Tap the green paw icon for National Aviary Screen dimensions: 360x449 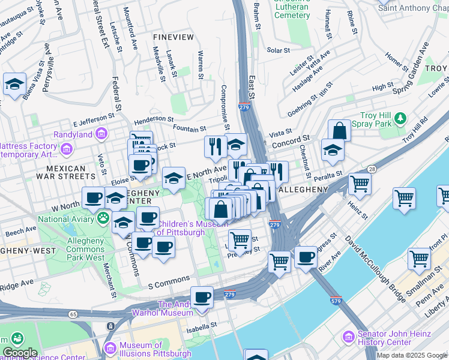(103, 218)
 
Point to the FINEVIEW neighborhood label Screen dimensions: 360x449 (173, 37)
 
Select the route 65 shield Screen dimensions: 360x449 (73, 313)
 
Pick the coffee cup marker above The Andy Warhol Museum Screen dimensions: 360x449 (202, 298)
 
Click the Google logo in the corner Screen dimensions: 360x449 (20, 353)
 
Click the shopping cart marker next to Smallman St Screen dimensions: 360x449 (418, 259)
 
